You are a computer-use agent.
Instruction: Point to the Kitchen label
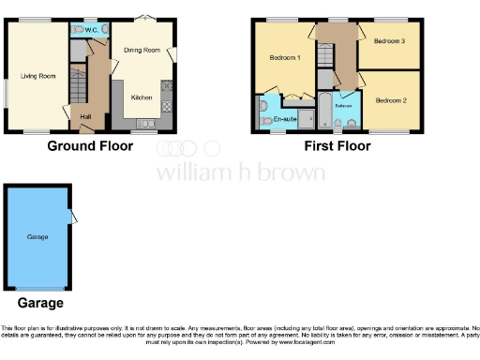142,97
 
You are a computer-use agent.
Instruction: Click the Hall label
86,115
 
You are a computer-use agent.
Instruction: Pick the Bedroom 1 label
284,58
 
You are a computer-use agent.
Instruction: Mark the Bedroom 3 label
387,41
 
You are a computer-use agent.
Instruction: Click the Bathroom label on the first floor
343,106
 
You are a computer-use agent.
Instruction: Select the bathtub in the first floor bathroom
324,114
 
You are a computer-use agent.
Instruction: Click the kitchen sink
147,124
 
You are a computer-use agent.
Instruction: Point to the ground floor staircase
78,90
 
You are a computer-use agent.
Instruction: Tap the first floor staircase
325,54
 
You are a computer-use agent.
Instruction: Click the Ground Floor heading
90,146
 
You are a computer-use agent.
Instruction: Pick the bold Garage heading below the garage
40,303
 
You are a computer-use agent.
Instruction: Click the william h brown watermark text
240,172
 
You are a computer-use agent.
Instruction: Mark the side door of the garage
72,217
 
